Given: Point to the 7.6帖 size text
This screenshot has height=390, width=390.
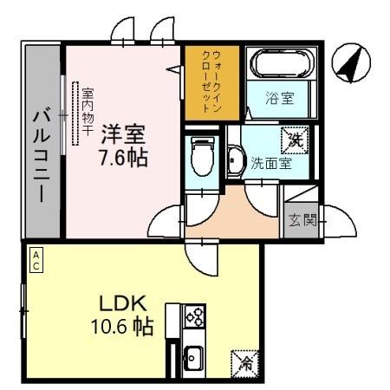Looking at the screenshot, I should (122, 159).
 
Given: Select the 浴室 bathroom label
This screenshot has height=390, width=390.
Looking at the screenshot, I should (279, 98).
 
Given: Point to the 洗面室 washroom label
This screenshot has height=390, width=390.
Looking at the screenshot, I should (270, 162).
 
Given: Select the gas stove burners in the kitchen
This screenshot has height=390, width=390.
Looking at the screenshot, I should (194, 316).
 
